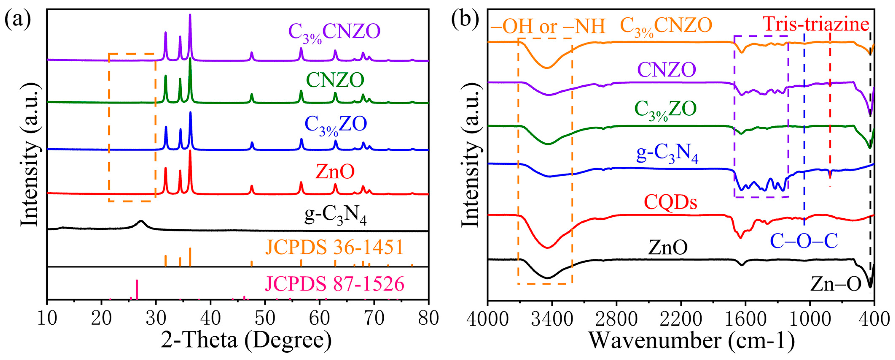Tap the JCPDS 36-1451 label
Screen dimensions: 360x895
point(334,248)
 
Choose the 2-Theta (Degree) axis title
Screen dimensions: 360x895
point(246,341)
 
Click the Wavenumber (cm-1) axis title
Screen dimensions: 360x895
point(691,341)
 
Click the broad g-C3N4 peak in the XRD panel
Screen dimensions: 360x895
point(141,221)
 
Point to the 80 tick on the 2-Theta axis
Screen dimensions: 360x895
point(428,319)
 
